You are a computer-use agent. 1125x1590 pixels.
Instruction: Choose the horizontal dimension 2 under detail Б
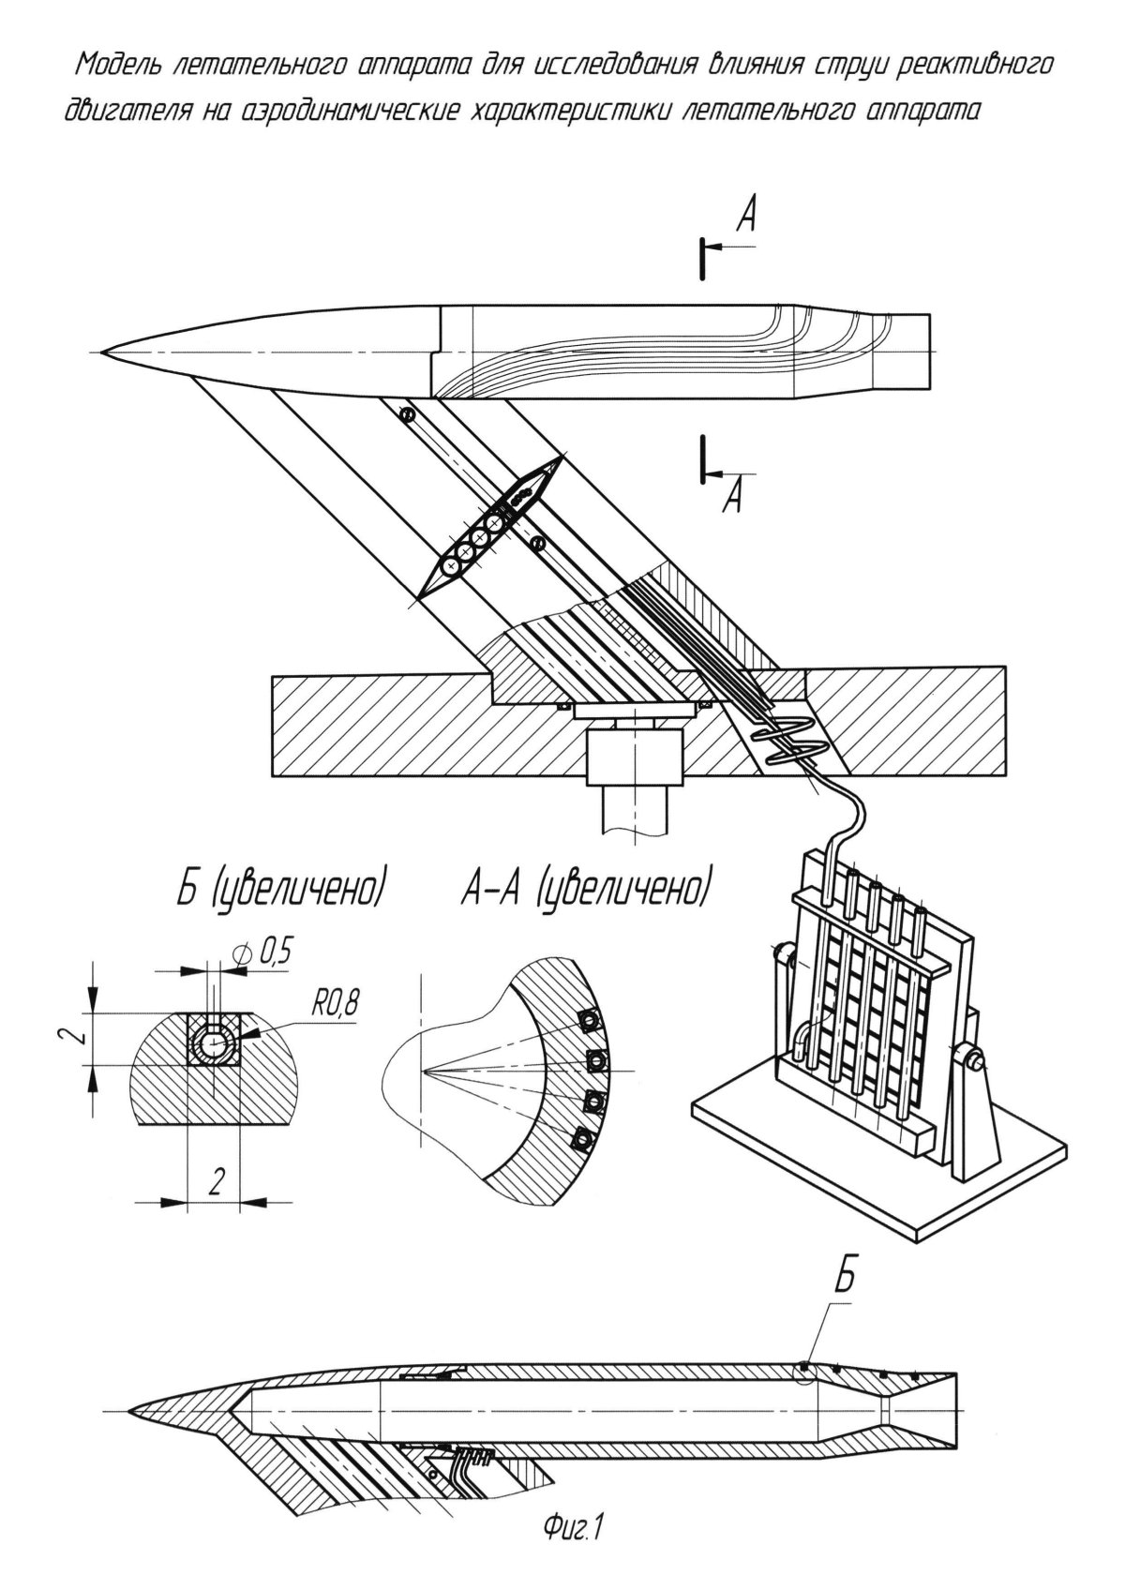(x=215, y=1184)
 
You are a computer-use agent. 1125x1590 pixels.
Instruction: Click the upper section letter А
(x=746, y=218)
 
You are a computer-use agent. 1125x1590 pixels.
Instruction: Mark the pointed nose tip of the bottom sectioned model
(x=130, y=1411)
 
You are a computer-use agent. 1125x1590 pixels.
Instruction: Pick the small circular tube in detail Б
(x=215, y=1041)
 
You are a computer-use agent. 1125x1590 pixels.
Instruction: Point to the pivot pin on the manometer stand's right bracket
(x=976, y=1062)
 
